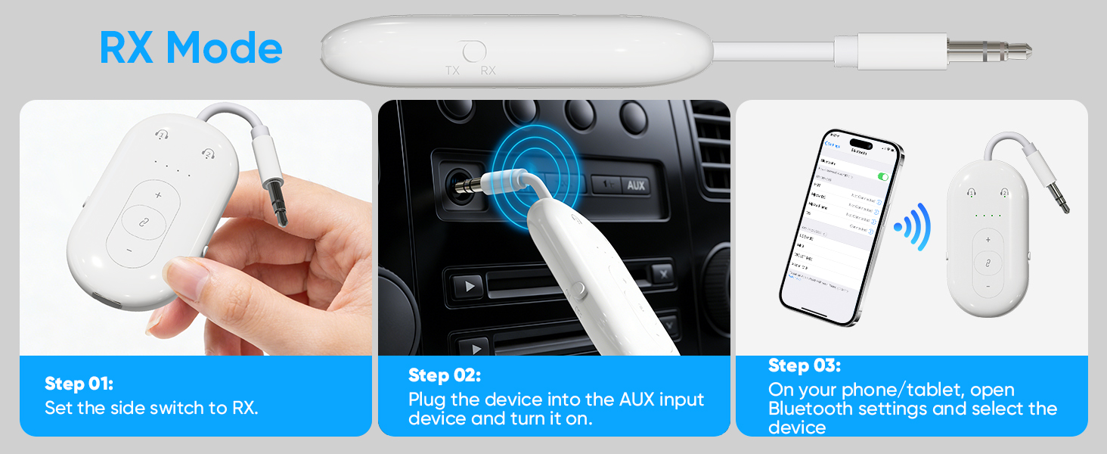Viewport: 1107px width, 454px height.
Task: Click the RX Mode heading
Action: [191, 48]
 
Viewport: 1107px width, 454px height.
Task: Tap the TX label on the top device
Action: [452, 70]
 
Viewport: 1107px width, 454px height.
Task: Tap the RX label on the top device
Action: [488, 70]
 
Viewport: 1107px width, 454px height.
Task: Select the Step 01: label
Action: [79, 384]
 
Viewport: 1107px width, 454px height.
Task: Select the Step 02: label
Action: [444, 375]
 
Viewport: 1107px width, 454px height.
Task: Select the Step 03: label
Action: [804, 365]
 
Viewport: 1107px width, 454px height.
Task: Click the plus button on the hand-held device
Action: [159, 195]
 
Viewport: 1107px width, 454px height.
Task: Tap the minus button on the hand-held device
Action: [129, 250]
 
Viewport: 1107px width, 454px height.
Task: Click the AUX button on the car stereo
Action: [634, 185]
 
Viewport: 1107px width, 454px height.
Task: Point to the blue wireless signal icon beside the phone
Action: [913, 226]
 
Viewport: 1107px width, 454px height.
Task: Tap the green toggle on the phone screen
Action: [882, 176]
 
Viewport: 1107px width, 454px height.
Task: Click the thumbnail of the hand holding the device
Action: [195, 227]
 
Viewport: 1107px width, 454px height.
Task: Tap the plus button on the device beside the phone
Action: [988, 240]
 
